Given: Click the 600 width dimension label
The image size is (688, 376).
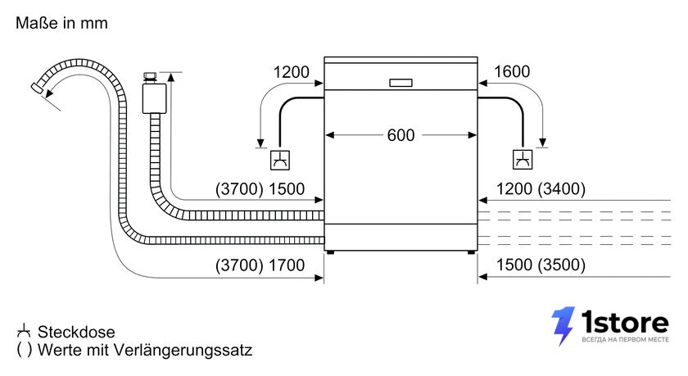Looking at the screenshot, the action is [x=401, y=135].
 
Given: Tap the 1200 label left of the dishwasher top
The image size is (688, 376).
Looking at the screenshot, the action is [x=292, y=72].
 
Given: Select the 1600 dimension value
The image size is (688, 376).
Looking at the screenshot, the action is [x=512, y=71].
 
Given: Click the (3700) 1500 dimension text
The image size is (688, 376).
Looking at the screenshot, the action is [x=260, y=189].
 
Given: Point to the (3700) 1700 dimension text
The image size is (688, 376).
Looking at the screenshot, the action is [x=260, y=265].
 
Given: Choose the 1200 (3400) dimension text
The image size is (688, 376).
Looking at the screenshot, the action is [x=541, y=189].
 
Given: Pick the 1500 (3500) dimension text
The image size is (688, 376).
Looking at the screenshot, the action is [x=541, y=265].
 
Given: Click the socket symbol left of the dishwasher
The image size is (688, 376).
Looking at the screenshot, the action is [x=280, y=160].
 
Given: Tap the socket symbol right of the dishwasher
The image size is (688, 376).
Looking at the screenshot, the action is [x=523, y=160].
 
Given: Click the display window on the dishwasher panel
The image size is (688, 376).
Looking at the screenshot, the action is [x=401, y=83].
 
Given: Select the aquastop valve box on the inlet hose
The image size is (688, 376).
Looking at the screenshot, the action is [x=155, y=99].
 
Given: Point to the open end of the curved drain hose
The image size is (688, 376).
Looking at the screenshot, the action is [x=36, y=88].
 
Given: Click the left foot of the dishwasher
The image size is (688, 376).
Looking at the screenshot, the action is [x=330, y=252].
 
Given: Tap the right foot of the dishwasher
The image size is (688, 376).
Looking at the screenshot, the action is [x=471, y=252].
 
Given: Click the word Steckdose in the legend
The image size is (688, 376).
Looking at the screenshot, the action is [x=76, y=332].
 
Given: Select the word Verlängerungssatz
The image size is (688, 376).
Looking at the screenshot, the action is [x=183, y=350].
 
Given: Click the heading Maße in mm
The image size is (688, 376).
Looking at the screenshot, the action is [x=61, y=23].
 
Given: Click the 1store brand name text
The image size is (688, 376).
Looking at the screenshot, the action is [x=625, y=323].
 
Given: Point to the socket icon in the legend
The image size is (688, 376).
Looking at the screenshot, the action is [x=24, y=331].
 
